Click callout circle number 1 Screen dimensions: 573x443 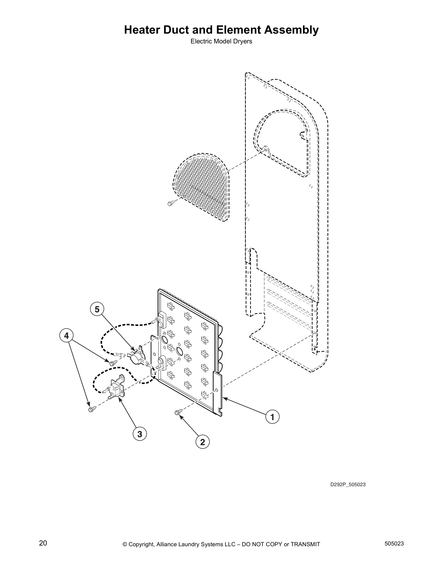coord(273,417)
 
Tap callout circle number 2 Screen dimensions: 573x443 coord(202,442)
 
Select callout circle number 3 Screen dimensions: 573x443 coord(140,434)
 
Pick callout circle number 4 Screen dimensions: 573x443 coord(66,336)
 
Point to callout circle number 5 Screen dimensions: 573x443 coord(97,309)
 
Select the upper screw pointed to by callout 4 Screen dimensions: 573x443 coord(113,362)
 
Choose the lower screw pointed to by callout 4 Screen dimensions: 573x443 coord(91,409)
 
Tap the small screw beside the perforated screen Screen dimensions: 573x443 coord(170,203)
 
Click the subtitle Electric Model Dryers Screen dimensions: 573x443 coord(221,41)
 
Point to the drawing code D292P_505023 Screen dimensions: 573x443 coord(347,484)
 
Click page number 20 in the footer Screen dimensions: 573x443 coord(43,543)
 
